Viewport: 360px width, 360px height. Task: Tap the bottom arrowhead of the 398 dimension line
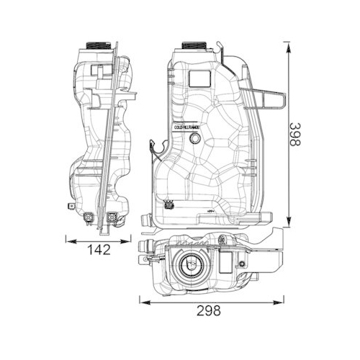click(289, 223)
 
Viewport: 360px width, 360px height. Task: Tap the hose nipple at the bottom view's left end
click(144, 251)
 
